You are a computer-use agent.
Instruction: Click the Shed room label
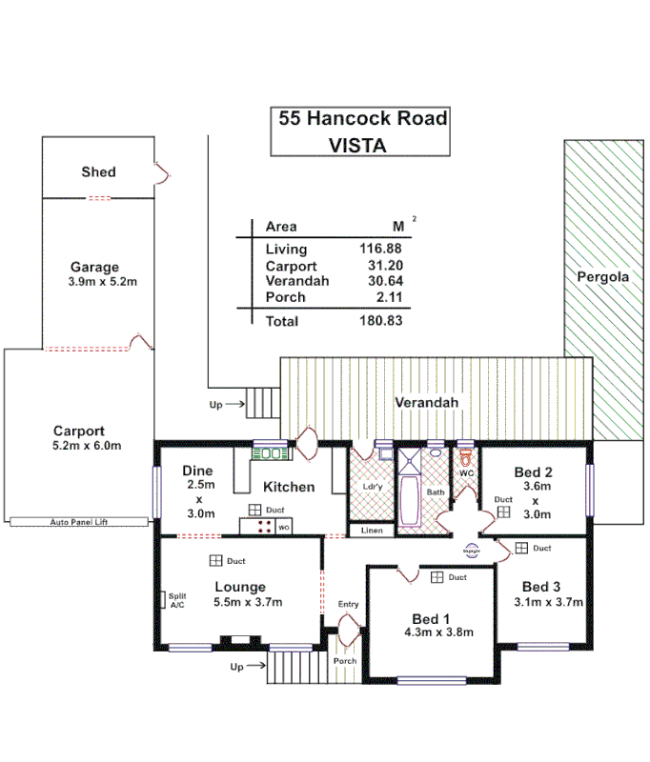98,171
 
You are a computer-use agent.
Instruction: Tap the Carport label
79,431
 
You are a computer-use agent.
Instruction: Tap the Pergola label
602,277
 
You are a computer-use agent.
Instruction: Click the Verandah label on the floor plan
427,403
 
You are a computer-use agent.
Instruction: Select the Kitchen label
289,487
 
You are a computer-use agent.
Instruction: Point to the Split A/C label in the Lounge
177,600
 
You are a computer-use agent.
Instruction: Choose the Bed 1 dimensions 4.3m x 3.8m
439,632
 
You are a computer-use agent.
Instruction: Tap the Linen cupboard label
370,530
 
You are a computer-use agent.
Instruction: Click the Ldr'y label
373,488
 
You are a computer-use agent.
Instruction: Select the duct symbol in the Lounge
216,561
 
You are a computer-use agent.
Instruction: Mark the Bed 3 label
540,586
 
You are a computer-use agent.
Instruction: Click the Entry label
349,605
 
